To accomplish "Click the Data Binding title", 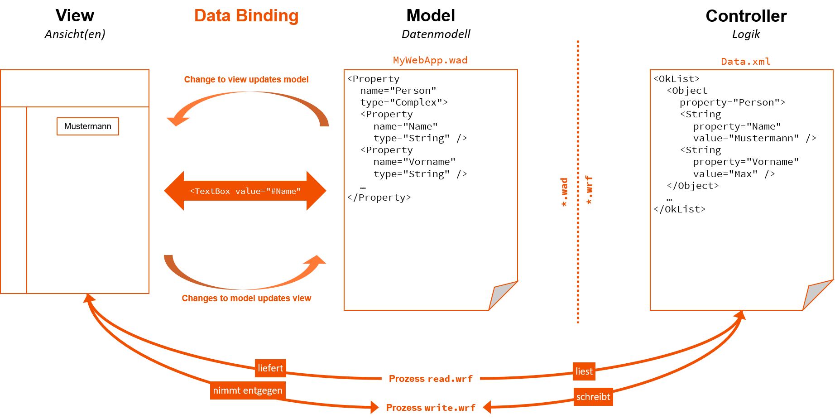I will tap(246, 16).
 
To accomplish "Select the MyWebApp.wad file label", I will tap(430, 60).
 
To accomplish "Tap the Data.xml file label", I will tap(745, 62).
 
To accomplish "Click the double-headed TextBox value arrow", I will tap(245, 191).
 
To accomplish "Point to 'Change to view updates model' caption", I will tap(246, 80).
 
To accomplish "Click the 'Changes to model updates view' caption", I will tap(246, 298).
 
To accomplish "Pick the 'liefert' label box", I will tap(270, 368).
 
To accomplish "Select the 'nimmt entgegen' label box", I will tap(248, 390).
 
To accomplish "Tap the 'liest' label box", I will tap(584, 371).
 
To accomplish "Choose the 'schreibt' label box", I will tap(593, 397).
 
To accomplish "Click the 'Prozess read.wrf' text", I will tap(431, 379).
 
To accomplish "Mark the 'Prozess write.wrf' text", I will tap(431, 408).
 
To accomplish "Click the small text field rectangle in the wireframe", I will tap(88, 126).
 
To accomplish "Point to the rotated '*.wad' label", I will tap(564, 192).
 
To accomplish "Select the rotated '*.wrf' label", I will tap(589, 190).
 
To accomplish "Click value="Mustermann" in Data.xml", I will tap(746, 138).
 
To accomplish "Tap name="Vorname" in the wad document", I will tap(414, 162).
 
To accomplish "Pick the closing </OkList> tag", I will tap(679, 209).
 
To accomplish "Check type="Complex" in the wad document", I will tap(404, 102).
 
